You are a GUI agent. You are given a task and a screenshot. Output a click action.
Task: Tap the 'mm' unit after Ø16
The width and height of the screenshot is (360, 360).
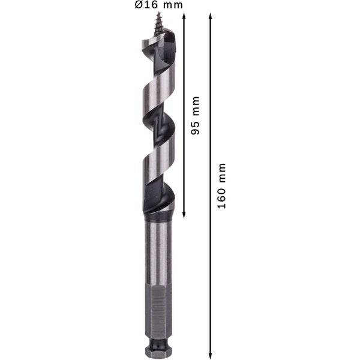(x=172, y=5)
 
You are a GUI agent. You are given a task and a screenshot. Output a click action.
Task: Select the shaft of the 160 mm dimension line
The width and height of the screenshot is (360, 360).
(x=209, y=270)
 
